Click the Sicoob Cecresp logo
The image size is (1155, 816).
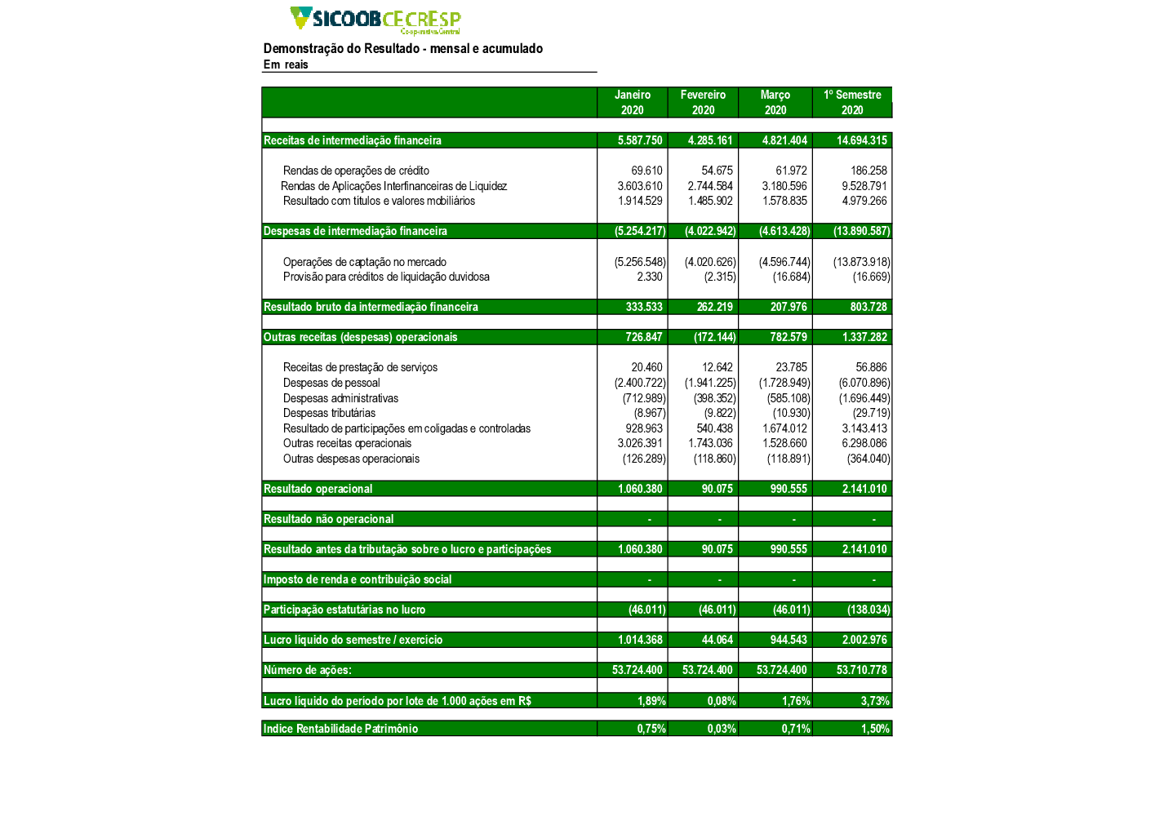click(x=375, y=20)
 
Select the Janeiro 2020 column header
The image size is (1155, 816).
click(x=632, y=103)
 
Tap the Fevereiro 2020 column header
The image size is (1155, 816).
click(x=703, y=103)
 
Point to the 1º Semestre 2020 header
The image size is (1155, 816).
click(x=852, y=103)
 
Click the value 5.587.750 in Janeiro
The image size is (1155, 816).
click(x=640, y=140)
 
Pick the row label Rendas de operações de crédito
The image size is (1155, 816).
click(x=356, y=171)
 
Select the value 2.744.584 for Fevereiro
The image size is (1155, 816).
click(x=710, y=186)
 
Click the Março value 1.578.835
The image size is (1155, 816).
click(x=784, y=201)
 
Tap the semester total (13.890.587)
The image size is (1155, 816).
click(x=861, y=231)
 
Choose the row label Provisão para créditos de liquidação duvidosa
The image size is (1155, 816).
click(x=386, y=277)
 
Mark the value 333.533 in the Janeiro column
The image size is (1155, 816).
click(x=644, y=307)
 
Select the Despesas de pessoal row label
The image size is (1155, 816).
click(x=331, y=383)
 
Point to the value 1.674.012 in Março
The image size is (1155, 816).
click(x=784, y=428)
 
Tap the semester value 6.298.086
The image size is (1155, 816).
click(x=864, y=443)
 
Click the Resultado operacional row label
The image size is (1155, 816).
click(x=318, y=489)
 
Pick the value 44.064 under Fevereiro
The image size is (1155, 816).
click(x=717, y=640)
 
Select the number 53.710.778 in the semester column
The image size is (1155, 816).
click(x=861, y=670)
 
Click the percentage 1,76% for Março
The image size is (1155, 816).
click(x=796, y=701)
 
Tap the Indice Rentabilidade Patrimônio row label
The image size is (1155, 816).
click(x=340, y=729)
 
